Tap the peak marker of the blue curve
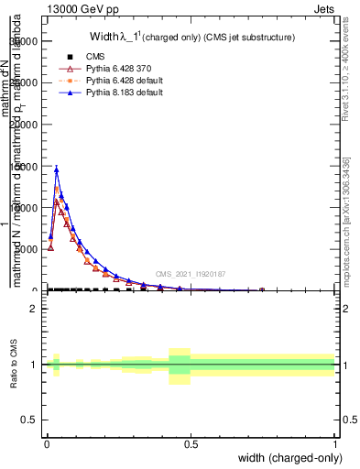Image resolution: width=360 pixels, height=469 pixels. point(56,169)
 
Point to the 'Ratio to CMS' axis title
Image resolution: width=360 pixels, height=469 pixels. point(13,364)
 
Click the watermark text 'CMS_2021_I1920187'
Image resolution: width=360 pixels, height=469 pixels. point(191,274)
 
